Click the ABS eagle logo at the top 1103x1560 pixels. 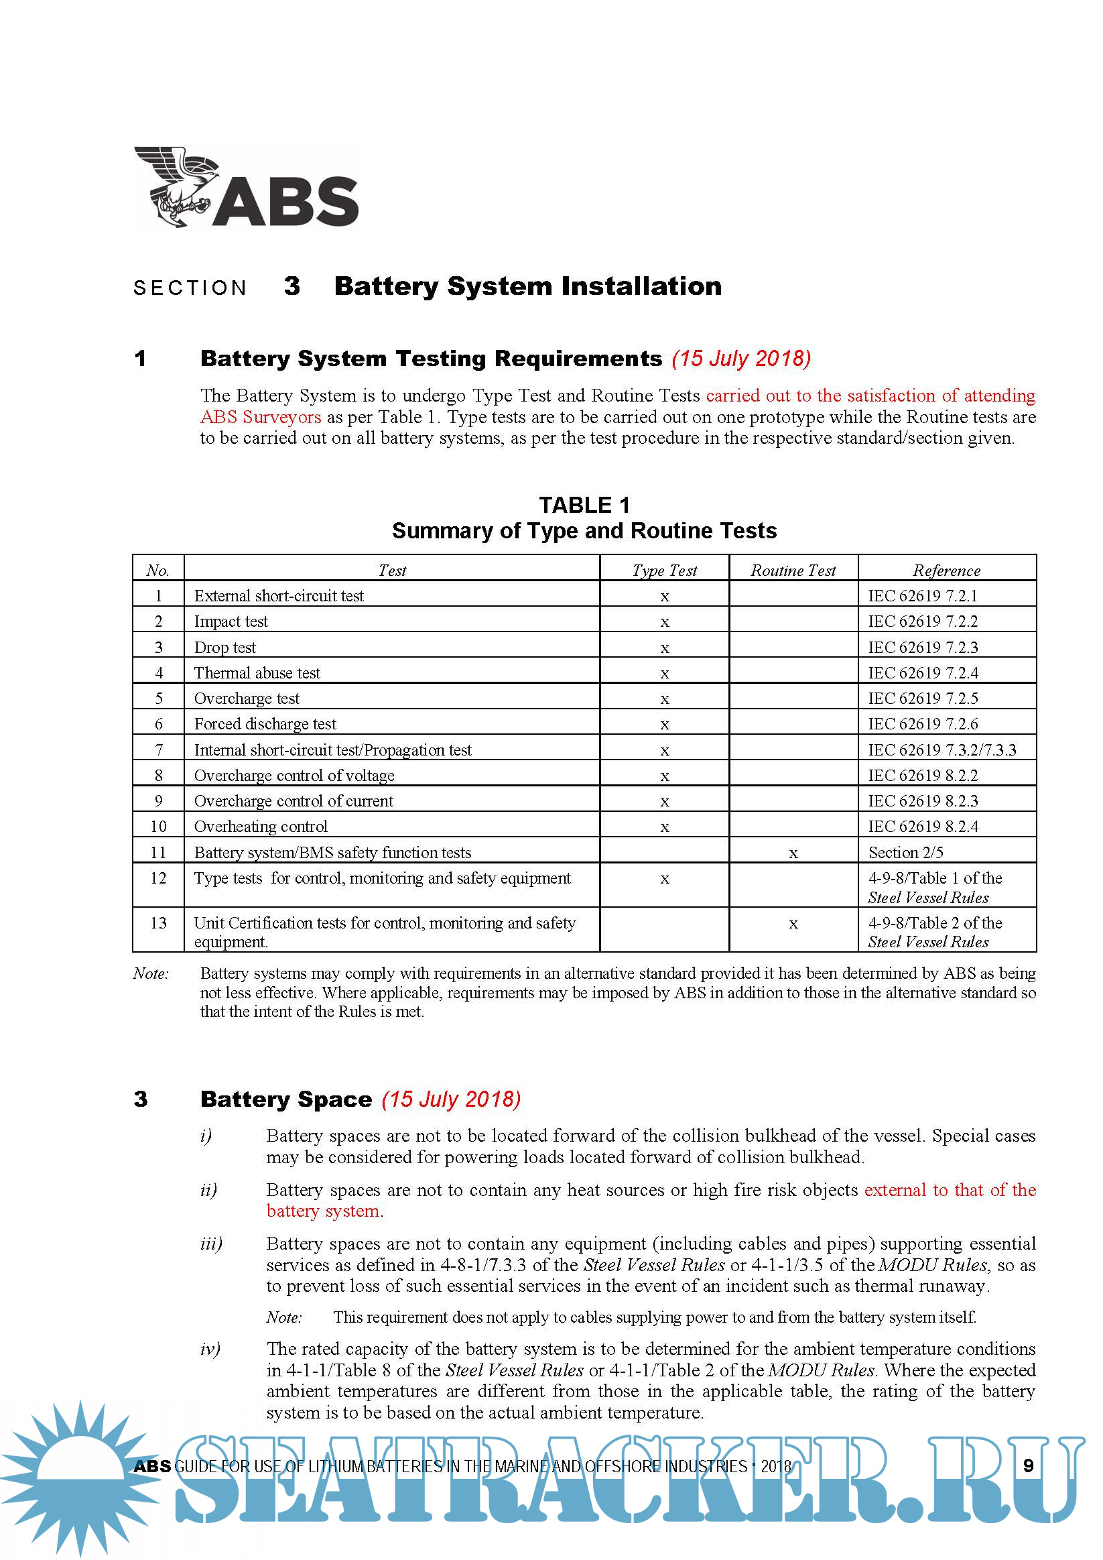pyautogui.click(x=246, y=187)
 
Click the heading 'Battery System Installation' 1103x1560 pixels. pyautogui.click(x=528, y=286)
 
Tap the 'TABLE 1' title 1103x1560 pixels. pyautogui.click(x=584, y=505)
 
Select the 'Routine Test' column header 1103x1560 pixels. pyautogui.click(x=793, y=570)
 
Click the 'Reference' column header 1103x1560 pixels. pyautogui.click(x=946, y=570)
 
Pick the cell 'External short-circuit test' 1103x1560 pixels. pyautogui.click(x=279, y=596)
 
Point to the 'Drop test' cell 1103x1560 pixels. pyautogui.click(x=224, y=648)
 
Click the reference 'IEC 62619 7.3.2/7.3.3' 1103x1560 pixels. pyautogui.click(x=942, y=750)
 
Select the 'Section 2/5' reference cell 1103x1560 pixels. pyautogui.click(x=905, y=852)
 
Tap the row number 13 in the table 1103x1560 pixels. pyautogui.click(x=158, y=922)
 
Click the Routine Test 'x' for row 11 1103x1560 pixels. pyautogui.click(x=793, y=853)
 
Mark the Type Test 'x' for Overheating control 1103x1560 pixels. pyautogui.click(x=664, y=827)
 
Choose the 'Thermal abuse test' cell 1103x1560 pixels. pyautogui.click(x=257, y=672)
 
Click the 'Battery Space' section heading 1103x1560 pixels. pyautogui.click(x=286, y=1099)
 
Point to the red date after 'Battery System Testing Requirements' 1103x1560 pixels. pyautogui.click(x=741, y=358)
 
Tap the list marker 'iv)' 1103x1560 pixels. pyautogui.click(x=210, y=1349)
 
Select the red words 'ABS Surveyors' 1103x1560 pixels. pyautogui.click(x=260, y=416)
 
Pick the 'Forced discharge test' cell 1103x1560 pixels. pyautogui.click(x=265, y=724)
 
